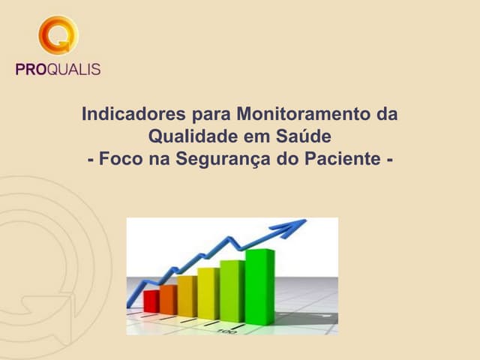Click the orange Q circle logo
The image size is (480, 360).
(x=58, y=35)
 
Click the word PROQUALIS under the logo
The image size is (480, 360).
(x=58, y=70)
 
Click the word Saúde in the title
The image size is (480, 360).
(x=303, y=138)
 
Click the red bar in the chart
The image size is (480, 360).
(x=151, y=301)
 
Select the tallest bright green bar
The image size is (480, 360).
(x=259, y=286)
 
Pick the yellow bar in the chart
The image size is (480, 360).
(x=208, y=293)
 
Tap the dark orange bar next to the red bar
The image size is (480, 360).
(x=168, y=299)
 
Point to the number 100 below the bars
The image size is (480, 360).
(x=224, y=331)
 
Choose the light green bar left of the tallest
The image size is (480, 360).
(x=232, y=290)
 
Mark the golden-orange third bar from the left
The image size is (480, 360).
(x=187, y=296)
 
